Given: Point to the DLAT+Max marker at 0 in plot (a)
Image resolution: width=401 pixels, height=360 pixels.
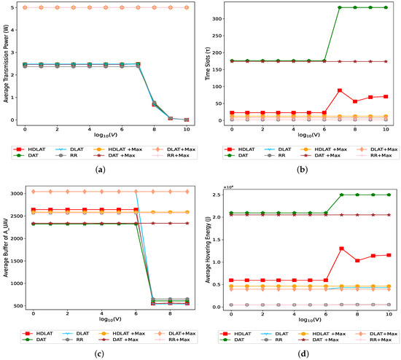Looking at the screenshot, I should (x=25, y=7).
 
